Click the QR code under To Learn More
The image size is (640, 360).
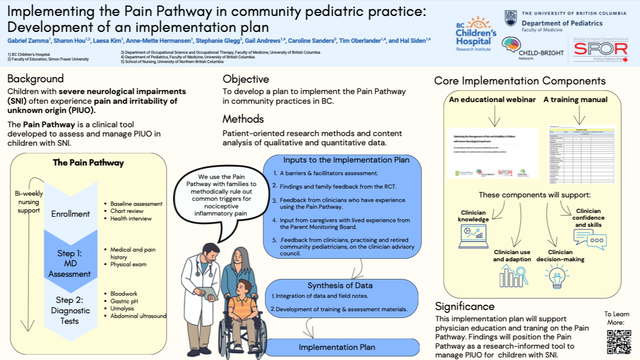(619, 342)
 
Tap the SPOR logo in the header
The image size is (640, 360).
(601, 49)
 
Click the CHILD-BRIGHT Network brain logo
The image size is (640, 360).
(511, 45)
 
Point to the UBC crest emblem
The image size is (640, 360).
(510, 18)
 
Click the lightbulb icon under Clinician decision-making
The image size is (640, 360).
(557, 276)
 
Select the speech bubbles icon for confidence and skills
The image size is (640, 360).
(590, 239)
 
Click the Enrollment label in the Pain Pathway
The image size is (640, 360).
(71, 214)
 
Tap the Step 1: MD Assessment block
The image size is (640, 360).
(70, 263)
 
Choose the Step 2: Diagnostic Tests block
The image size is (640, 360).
(70, 310)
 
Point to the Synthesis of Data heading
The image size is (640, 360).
(340, 285)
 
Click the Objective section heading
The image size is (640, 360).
(246, 79)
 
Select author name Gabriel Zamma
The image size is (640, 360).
(28, 41)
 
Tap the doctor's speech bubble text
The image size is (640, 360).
(221, 195)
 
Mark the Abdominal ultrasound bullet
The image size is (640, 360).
(138, 316)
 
